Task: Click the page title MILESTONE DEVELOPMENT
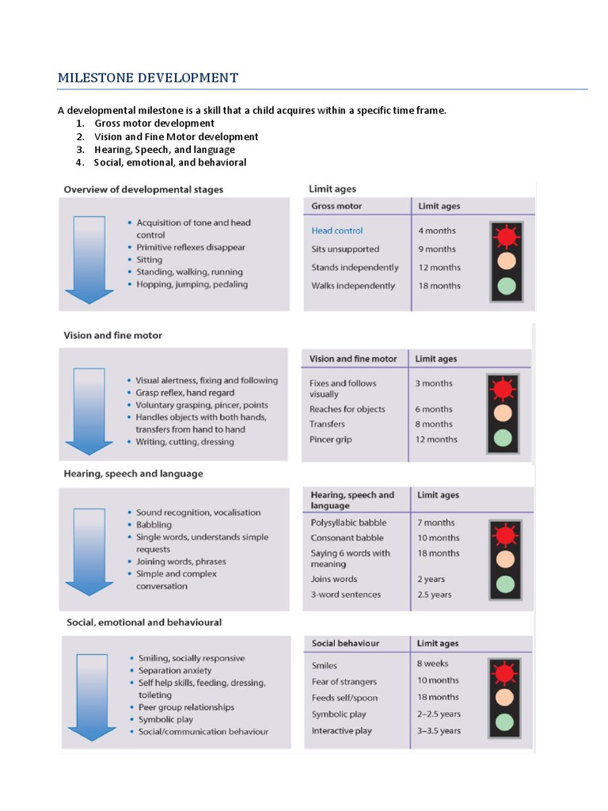coord(147,78)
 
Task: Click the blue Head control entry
coord(337,230)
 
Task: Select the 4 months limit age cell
coord(437,230)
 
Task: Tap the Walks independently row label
coord(353,286)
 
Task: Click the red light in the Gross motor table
coord(507,236)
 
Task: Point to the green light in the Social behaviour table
coord(504,722)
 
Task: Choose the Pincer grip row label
coord(331,440)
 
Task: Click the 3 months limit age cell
coord(434,383)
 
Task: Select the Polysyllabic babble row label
coord(349,523)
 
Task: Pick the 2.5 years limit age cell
coord(435,595)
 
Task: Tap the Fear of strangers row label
coord(344,681)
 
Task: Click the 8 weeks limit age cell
coord(433,664)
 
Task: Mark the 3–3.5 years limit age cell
coord(439,731)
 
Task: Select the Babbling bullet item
coord(154,525)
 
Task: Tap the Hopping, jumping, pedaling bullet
coord(192,284)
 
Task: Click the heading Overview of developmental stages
coord(143,189)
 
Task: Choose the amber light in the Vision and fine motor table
coord(503,413)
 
